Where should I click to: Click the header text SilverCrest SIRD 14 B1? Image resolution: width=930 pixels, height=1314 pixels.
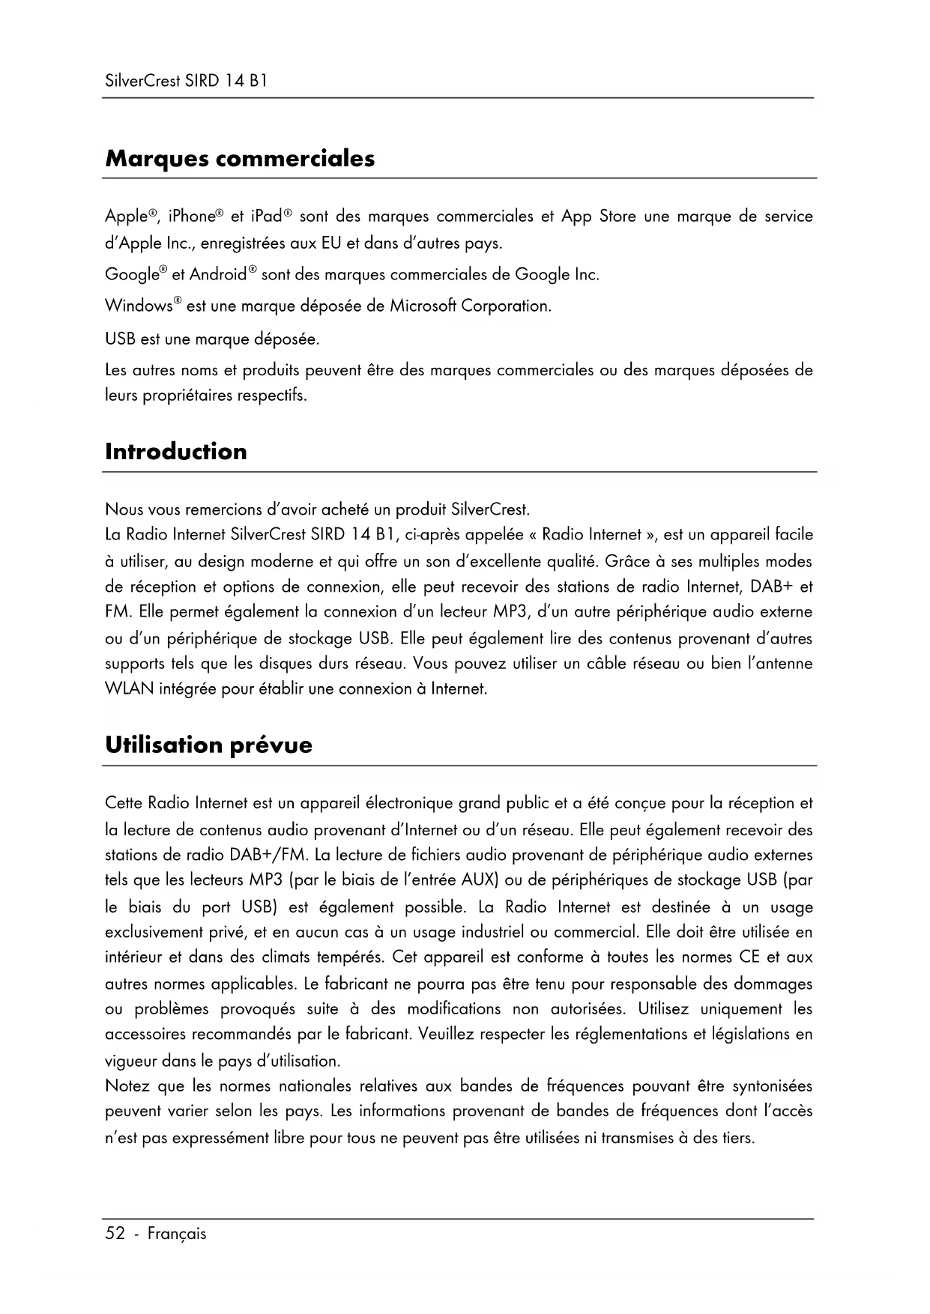pos(186,80)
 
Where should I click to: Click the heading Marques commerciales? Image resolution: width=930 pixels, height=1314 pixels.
pos(240,159)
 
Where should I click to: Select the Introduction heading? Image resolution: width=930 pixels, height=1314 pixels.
pos(176,452)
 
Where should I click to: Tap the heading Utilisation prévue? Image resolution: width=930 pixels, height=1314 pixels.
pos(208,745)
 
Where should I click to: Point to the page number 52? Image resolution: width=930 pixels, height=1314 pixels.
pos(115,1233)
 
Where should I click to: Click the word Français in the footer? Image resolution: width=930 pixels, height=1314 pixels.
pos(176,1234)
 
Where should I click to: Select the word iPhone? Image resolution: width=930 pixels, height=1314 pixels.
pos(192,217)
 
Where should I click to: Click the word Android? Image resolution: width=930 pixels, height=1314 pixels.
pos(218,275)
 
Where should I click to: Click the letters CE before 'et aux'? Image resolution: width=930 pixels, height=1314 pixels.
pos(749,957)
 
